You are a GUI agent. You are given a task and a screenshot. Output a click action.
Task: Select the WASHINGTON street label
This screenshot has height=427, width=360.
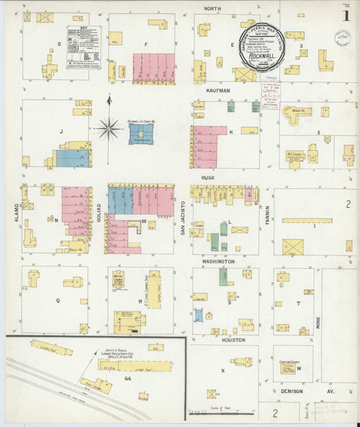point(217,262)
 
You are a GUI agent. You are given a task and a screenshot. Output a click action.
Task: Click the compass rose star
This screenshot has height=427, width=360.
point(109,129)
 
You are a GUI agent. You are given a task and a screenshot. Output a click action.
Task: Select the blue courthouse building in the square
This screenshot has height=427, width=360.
point(141,135)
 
